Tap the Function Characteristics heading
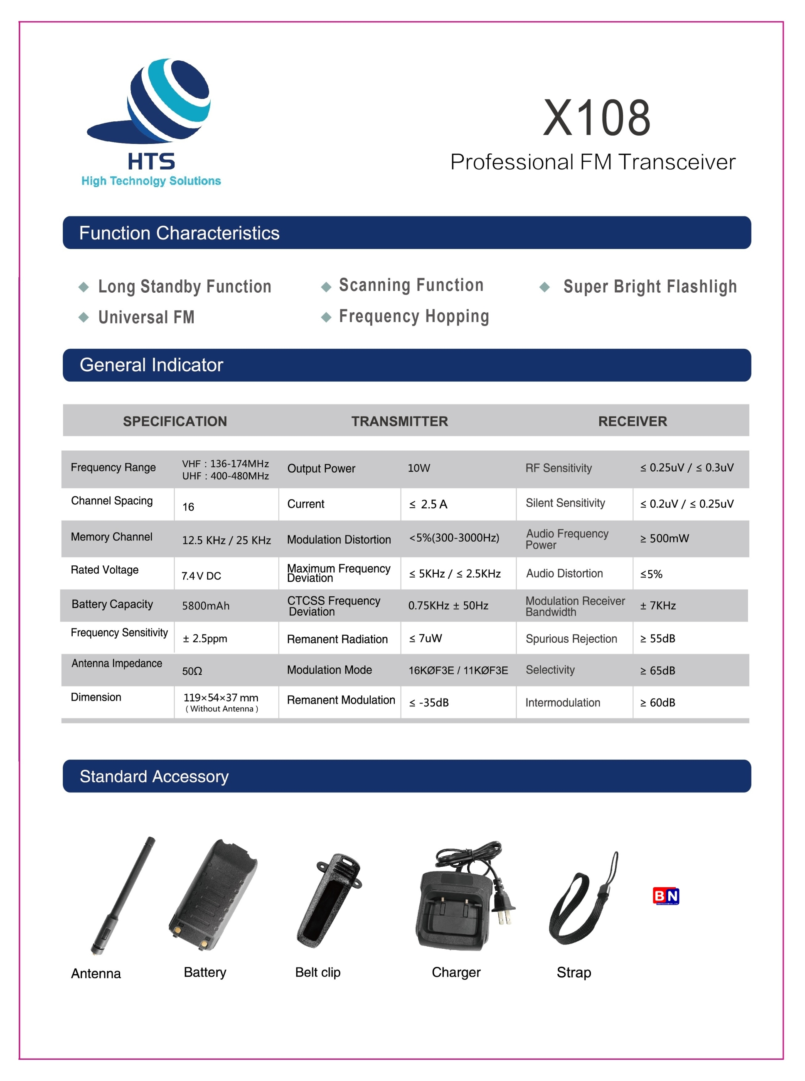pos(179,233)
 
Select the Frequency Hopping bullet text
pos(414,316)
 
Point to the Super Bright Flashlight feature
pos(650,286)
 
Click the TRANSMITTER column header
pos(399,421)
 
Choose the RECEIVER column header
pos(632,421)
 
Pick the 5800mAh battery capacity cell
pos(206,606)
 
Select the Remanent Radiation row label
pos(337,639)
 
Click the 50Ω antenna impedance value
pos(192,671)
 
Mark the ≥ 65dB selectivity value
pos(657,671)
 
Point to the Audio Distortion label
pos(564,573)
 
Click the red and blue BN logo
pos(666,896)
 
